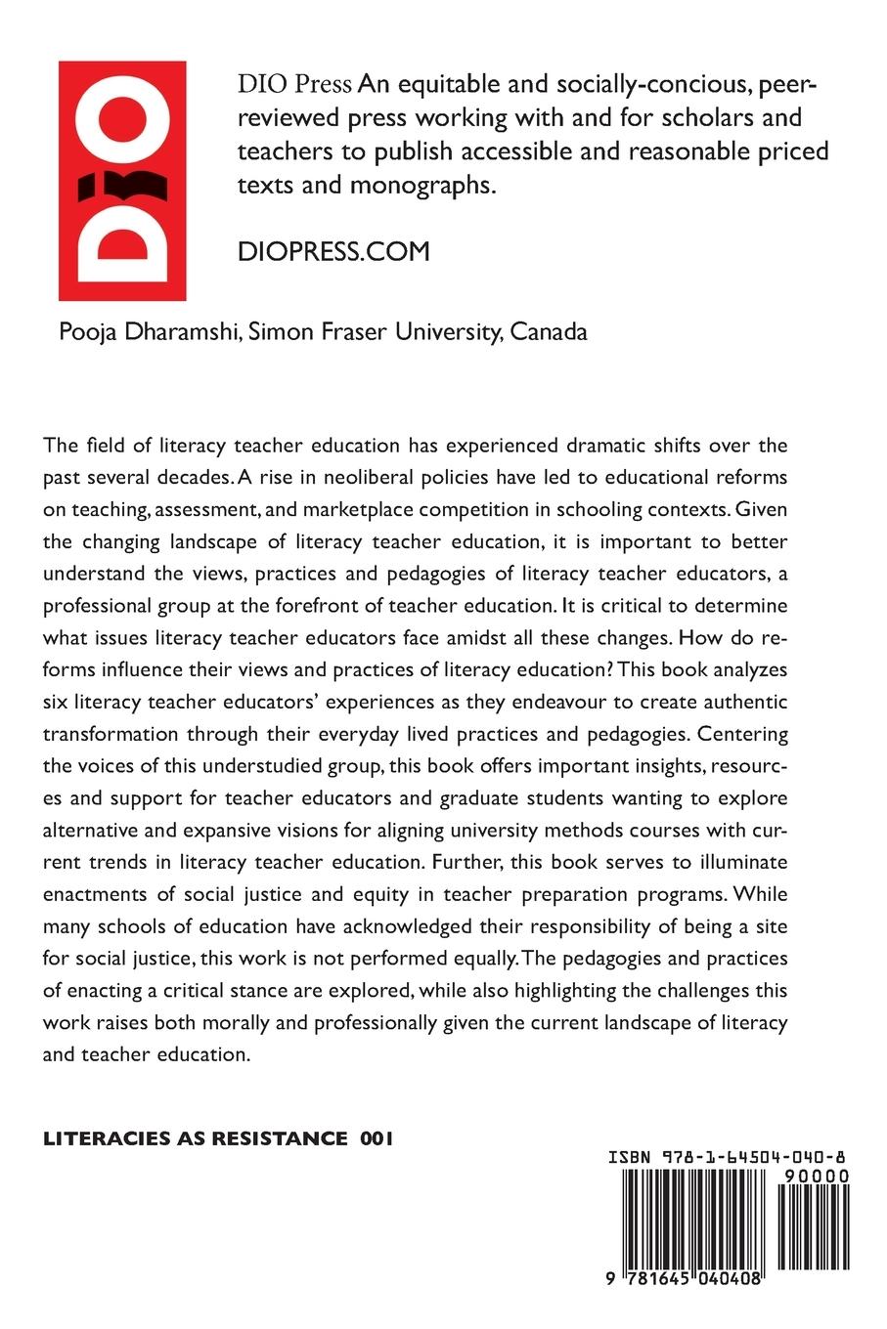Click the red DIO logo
coord(122,181)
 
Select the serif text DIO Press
coord(294,85)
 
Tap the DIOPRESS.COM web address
coord(333,251)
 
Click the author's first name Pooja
coord(86,331)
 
